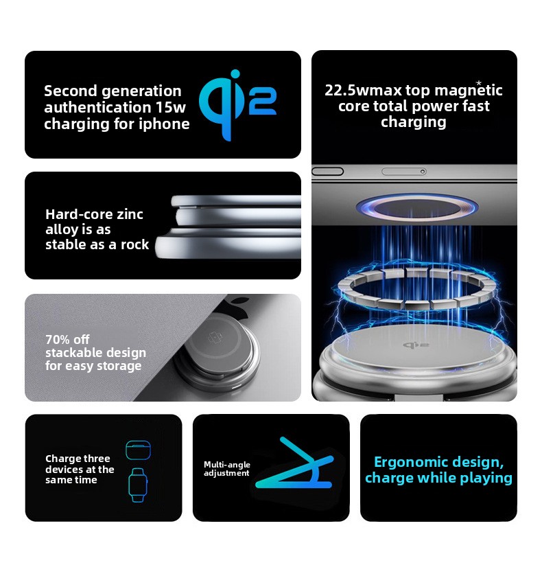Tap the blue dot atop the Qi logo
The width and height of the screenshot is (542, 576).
(235, 74)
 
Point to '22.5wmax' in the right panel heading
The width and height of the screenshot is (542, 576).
(363, 91)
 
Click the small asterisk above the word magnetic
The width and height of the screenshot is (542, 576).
(478, 83)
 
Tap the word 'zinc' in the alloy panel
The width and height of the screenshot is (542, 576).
(127, 214)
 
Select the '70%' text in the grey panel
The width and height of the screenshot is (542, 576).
(57, 339)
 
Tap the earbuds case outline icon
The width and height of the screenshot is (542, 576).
(138, 450)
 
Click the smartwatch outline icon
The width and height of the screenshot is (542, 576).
(138, 485)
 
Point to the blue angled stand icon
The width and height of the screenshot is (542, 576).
(294, 463)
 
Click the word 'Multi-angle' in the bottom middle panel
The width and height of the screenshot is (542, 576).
(227, 465)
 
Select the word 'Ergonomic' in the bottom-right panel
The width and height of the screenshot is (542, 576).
(410, 462)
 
